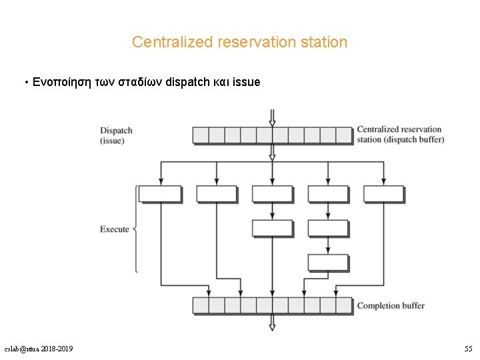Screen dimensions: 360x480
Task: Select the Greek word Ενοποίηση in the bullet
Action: coord(59,83)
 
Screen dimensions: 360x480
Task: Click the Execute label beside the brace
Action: coord(114,229)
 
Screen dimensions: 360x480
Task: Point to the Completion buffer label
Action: coord(391,305)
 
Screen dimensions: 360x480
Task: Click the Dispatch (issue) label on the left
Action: coord(116,135)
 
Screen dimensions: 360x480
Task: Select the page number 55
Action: coord(468,349)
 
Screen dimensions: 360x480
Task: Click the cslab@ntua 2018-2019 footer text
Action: coord(39,349)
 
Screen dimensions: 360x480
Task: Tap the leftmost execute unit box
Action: coord(161,194)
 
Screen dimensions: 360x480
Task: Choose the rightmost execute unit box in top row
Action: coord(383,194)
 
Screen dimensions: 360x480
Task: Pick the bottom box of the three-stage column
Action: coord(327,262)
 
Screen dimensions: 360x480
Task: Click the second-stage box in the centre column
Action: coord(272,228)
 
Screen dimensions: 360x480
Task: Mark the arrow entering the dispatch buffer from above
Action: coord(272,117)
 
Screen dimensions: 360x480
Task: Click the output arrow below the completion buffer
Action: coord(272,323)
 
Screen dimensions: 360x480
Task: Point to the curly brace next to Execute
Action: coord(136,229)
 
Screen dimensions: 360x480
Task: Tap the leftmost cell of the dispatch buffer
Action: coord(201,135)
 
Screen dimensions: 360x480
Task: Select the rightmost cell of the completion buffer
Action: coord(343,305)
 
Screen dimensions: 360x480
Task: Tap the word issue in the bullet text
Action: coord(247,83)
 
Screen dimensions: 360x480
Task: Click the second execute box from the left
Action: coord(217,194)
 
